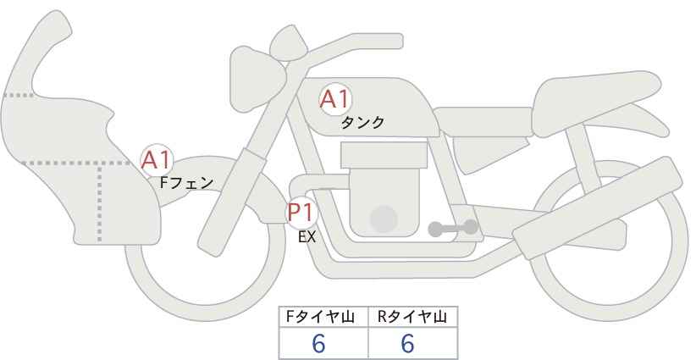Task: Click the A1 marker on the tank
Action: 335,99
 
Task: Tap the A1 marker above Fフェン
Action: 157,160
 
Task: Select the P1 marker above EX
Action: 301,212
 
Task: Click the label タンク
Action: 362,123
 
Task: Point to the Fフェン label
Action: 186,182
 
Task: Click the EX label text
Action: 307,237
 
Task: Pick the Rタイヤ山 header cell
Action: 413,317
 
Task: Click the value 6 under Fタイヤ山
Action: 318,343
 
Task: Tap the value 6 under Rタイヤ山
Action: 407,343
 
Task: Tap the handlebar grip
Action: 378,41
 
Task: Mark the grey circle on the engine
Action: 384,219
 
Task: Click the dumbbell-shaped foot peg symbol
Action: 453,228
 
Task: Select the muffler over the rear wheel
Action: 597,208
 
